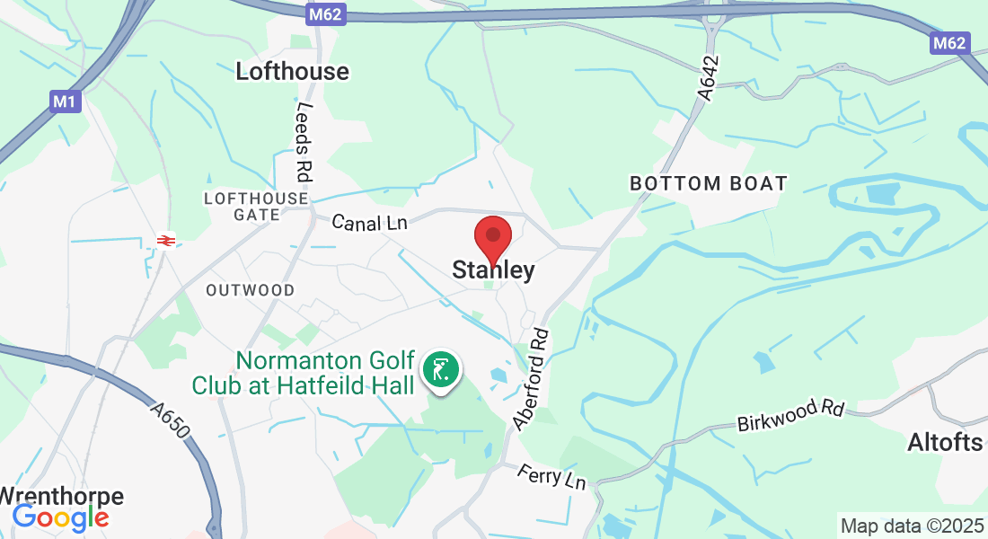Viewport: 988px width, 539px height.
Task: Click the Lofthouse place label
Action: point(292,72)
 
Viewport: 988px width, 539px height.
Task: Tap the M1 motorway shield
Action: point(64,102)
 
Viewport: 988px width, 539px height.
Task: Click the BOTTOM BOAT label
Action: point(708,184)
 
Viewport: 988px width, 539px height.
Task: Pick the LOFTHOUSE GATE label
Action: point(256,206)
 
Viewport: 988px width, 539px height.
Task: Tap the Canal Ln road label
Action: point(370,222)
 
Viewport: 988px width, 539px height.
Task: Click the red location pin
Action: point(492,238)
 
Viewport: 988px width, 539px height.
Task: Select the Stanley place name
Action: point(493,269)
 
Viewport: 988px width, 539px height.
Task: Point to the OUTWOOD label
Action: point(250,290)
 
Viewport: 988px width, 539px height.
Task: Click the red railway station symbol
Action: point(165,240)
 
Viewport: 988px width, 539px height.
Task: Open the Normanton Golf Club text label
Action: point(304,374)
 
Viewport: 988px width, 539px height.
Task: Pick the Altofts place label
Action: point(946,442)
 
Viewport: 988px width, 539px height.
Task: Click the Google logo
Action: point(60,517)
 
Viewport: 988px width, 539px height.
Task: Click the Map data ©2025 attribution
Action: point(912,526)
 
